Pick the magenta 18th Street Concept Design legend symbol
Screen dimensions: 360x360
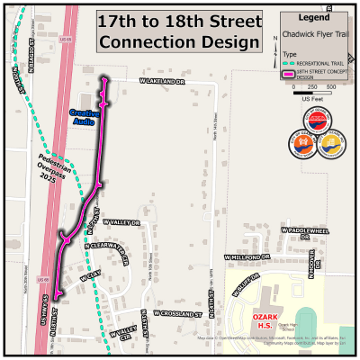tap(288, 76)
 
